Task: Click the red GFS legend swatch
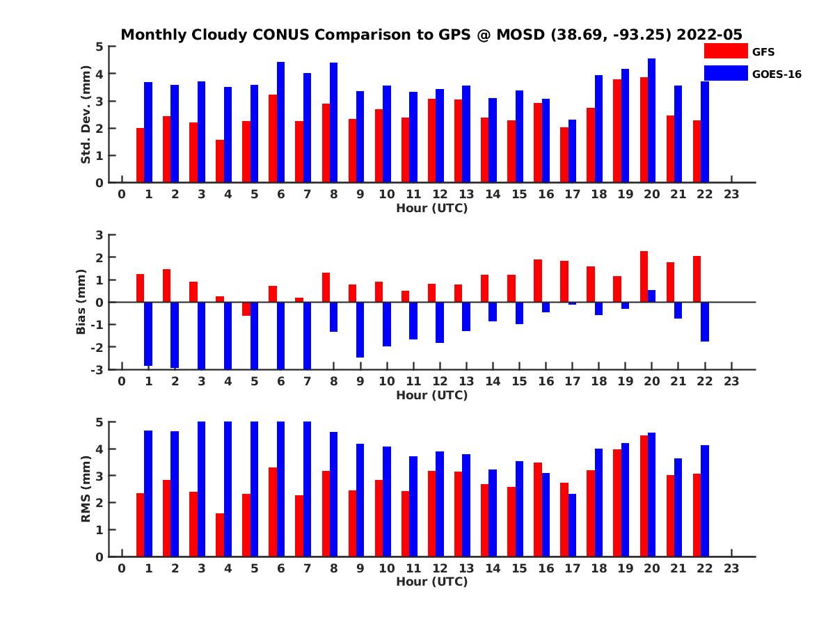(x=725, y=51)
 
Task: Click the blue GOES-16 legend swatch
(x=725, y=73)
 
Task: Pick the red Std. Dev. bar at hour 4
(x=220, y=161)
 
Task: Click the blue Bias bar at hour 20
(x=651, y=296)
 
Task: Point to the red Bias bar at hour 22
(x=697, y=279)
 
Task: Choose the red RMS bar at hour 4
(x=220, y=535)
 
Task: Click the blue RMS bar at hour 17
(x=572, y=525)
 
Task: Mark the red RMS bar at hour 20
(x=644, y=496)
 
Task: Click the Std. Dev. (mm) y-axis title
(x=86, y=115)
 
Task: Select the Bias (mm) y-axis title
(x=81, y=302)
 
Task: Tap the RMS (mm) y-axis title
(x=86, y=489)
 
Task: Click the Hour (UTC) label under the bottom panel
(x=431, y=582)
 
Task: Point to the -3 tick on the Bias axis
(x=98, y=369)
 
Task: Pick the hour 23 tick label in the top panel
(x=731, y=194)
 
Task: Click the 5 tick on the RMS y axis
(x=100, y=422)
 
